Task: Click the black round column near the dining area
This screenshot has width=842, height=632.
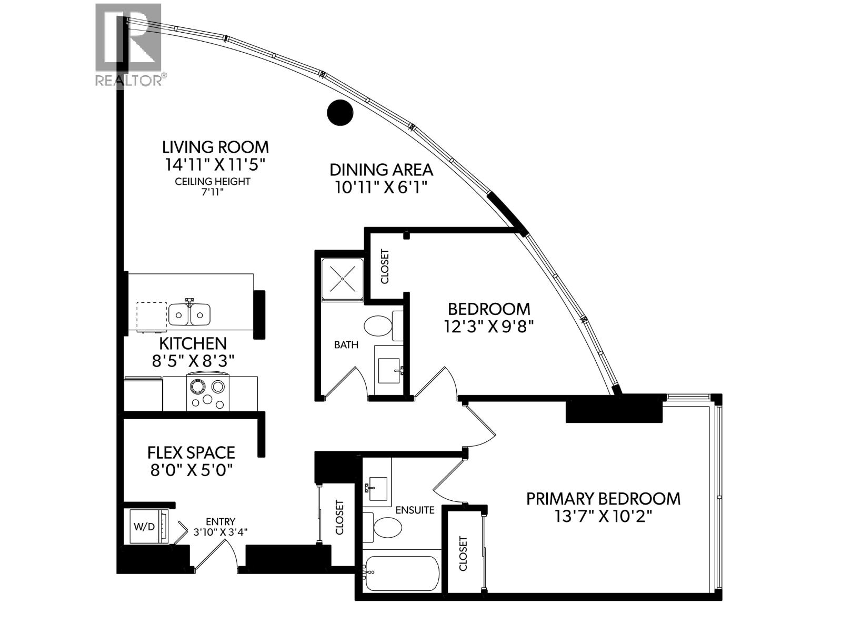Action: pos(339,113)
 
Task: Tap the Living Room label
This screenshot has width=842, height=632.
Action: pos(215,147)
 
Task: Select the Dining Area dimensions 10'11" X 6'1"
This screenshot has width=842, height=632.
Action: pos(381,187)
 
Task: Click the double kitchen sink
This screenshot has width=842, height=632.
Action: pos(189,314)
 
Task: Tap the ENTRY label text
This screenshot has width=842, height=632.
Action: pos(220,521)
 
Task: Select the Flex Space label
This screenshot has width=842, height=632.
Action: pos(191,452)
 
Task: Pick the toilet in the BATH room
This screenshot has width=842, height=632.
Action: pos(378,327)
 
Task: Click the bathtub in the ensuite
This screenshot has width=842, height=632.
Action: pos(403,573)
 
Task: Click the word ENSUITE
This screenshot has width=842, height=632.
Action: pos(415,510)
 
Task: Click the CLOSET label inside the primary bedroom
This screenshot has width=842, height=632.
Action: pos(463,554)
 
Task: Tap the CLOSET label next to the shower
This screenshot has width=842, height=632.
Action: pos(385,266)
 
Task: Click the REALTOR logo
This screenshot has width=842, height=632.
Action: pos(129,45)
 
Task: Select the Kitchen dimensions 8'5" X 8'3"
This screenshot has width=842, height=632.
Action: pos(193,361)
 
